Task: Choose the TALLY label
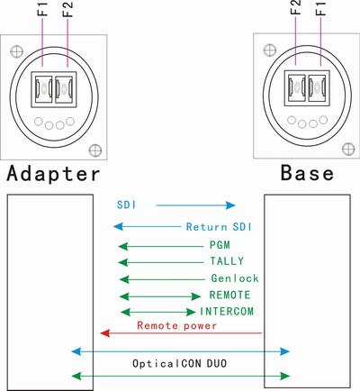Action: (227, 261)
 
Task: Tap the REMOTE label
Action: (229, 295)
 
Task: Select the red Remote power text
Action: (175, 324)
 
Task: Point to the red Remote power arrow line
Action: (180, 333)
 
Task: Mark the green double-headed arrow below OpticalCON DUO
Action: (180, 376)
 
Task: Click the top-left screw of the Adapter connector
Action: (15, 44)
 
